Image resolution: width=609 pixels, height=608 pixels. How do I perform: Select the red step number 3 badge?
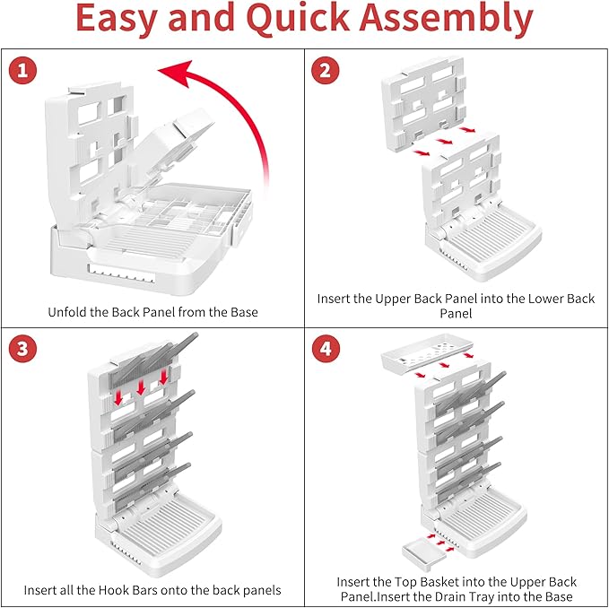point(22,349)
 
